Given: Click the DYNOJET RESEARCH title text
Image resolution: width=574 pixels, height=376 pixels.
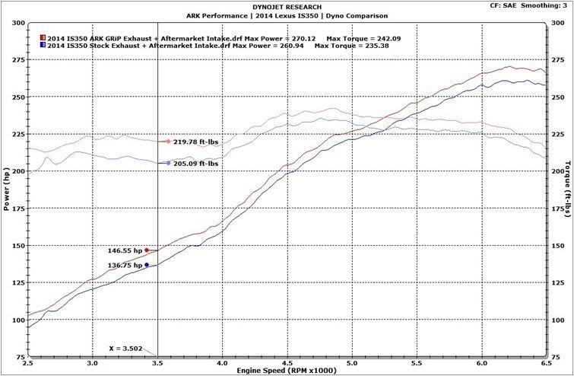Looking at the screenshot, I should (287, 7).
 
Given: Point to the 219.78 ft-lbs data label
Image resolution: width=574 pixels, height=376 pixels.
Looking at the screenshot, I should (195, 142).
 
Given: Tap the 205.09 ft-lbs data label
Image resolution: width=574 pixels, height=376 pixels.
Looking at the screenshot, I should (195, 163).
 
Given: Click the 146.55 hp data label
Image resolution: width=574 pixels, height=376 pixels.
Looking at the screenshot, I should (125, 250).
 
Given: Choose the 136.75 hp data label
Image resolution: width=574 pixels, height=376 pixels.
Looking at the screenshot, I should (125, 266).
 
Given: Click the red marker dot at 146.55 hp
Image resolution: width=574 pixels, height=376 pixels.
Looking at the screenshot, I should (147, 250).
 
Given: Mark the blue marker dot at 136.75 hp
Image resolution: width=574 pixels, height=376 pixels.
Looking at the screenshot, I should (147, 265).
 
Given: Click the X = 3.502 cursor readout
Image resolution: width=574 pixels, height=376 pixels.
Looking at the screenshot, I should (125, 348).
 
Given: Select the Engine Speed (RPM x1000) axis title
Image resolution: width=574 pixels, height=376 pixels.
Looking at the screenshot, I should (287, 370).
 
